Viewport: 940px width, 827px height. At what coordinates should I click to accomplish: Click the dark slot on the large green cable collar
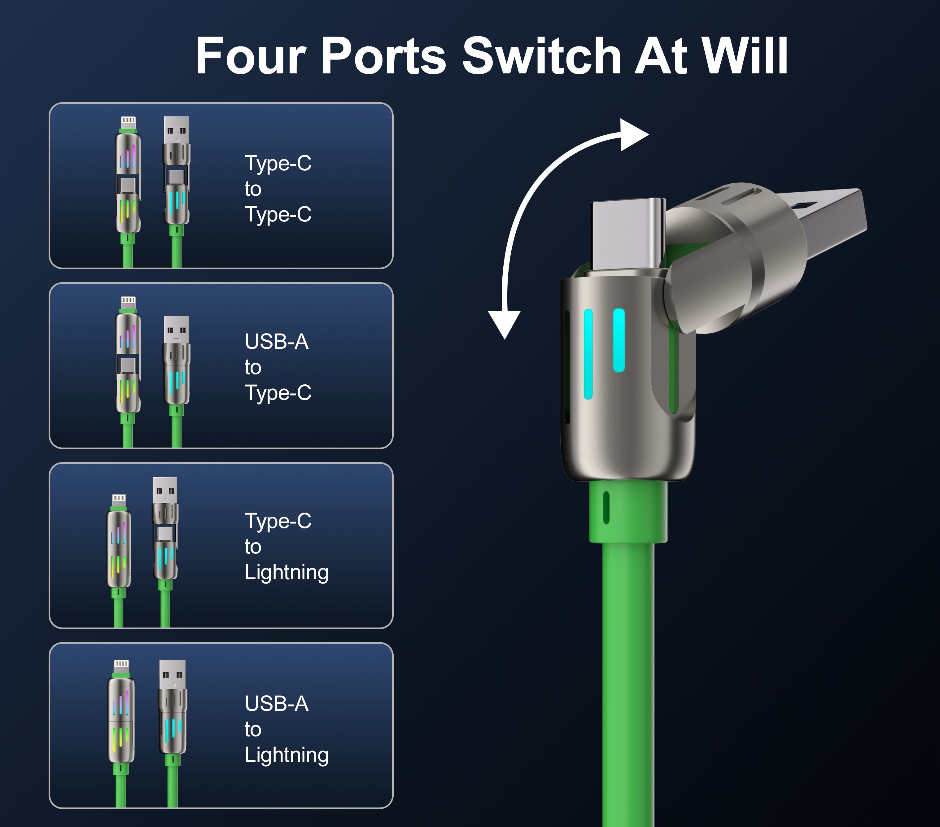coord(606,507)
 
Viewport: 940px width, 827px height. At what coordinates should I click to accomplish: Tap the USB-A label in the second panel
coord(276,342)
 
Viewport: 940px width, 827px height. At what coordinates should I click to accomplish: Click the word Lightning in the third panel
coord(286,572)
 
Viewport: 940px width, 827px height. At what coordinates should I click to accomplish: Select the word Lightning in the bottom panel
coord(286,755)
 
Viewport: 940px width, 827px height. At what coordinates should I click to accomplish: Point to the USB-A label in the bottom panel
coord(276,704)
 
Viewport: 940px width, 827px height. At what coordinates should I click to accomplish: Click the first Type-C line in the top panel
coord(278,163)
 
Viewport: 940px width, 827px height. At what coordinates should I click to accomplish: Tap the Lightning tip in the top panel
coord(128,122)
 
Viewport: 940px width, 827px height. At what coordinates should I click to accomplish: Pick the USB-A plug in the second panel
coord(177,329)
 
